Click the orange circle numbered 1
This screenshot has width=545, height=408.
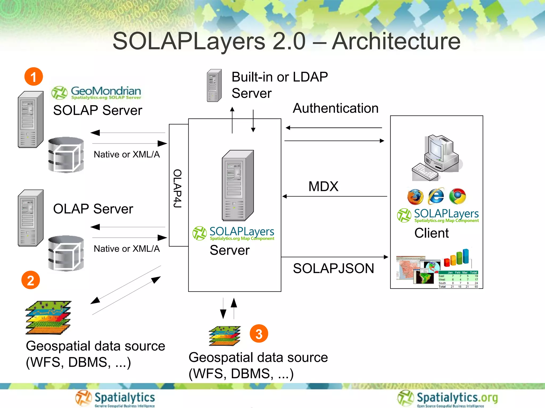(x=34, y=76)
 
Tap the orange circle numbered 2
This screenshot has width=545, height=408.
(x=31, y=280)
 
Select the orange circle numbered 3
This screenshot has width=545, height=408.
(x=259, y=333)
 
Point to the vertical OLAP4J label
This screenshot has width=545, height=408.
(x=177, y=188)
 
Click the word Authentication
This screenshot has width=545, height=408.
(x=335, y=108)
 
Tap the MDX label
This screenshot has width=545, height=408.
(x=323, y=186)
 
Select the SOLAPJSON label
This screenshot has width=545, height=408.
(x=333, y=268)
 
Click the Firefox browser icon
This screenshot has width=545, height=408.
(x=415, y=197)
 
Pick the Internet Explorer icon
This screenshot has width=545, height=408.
(x=436, y=196)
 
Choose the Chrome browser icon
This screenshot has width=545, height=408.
(x=457, y=196)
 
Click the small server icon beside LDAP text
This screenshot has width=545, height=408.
(x=214, y=86)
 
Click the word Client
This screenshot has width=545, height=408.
(x=431, y=233)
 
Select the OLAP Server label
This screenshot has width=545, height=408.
(x=93, y=209)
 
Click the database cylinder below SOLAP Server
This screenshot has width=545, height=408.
(x=66, y=155)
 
